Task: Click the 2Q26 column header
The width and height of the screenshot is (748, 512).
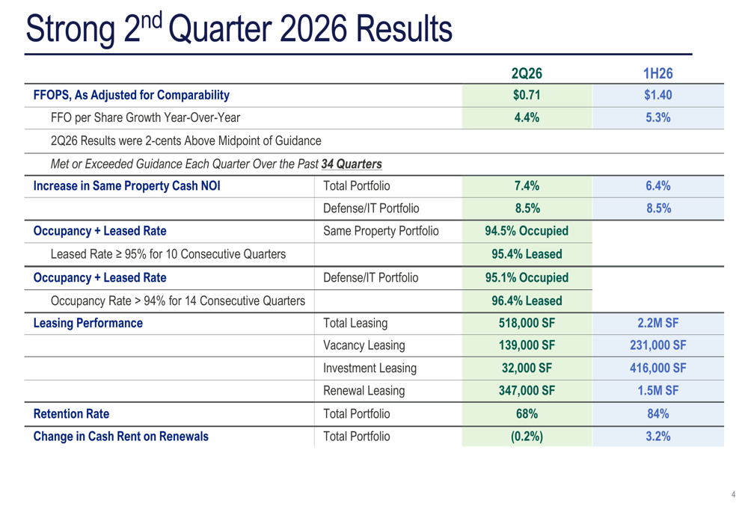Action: pos(527,73)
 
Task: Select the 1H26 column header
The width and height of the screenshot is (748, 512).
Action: pos(657,73)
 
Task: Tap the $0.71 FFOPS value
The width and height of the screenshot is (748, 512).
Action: pos(527,95)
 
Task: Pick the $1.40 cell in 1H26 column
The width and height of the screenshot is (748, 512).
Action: pos(657,95)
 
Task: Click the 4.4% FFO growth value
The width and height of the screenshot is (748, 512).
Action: pos(527,118)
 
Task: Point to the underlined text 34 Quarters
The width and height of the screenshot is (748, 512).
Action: pos(352,164)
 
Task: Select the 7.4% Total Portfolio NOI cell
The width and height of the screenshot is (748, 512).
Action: pos(527,186)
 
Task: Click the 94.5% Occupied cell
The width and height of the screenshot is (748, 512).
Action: pos(527,231)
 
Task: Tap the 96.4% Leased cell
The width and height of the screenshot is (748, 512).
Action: pos(527,300)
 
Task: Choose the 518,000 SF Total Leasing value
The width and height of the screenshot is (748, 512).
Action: pos(527,323)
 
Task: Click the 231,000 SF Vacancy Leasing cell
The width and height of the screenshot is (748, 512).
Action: pos(657,345)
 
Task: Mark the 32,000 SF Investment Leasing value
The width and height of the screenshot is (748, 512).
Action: pos(527,368)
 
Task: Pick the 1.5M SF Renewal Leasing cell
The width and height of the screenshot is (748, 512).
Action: pos(657,391)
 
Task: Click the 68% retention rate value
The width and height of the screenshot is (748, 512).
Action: pos(527,414)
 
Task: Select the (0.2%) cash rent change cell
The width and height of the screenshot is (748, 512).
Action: pos(527,437)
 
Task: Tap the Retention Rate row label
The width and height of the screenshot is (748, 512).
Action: pos(71,414)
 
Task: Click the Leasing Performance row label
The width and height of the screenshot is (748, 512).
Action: pos(88,323)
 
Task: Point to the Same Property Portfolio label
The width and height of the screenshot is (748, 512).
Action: pos(381,231)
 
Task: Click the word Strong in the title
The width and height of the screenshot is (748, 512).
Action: pos(70,30)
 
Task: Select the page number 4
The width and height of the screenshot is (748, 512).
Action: pos(733,494)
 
